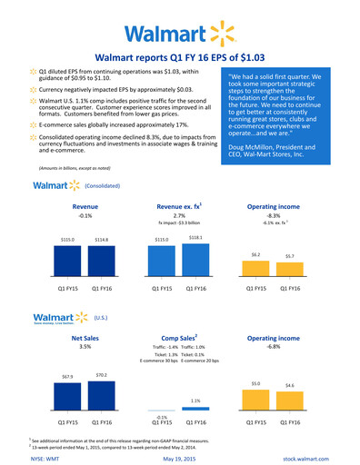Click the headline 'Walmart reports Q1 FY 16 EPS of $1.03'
(179, 58)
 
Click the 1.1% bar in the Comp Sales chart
(195, 409)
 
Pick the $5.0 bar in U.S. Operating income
(256, 401)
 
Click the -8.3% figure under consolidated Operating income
(273, 215)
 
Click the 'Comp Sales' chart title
(178, 337)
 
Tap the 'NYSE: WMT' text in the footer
(45, 459)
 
